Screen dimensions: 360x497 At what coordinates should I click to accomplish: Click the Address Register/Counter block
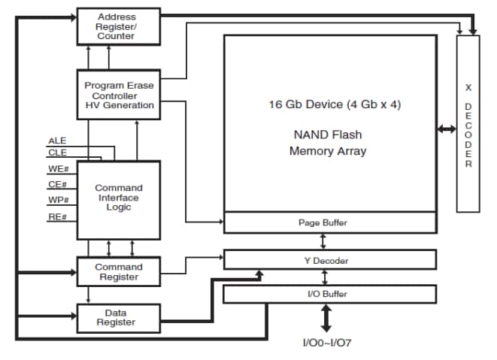pyautogui.click(x=119, y=26)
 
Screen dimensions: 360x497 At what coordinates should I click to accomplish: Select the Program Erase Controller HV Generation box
pyautogui.click(x=119, y=95)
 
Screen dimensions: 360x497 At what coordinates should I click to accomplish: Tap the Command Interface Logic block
pyautogui.click(x=119, y=198)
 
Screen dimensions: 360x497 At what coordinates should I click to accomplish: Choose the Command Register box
pyautogui.click(x=119, y=271)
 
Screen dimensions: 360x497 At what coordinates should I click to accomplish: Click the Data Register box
pyautogui.click(x=119, y=317)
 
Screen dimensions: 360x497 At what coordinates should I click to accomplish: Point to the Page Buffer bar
pyautogui.click(x=330, y=223)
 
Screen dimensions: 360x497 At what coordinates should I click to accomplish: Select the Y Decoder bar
pyautogui.click(x=330, y=260)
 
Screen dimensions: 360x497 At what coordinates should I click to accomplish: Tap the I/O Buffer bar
pyautogui.click(x=330, y=294)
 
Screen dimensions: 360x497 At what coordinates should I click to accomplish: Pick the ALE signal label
pyautogui.click(x=57, y=141)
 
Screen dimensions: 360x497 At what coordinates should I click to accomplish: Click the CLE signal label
pyautogui.click(x=57, y=152)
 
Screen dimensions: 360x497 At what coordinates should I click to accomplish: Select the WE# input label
pyautogui.click(x=58, y=168)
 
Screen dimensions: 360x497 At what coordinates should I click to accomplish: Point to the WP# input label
pyautogui.click(x=58, y=201)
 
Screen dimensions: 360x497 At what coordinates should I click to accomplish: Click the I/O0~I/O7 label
pyautogui.click(x=326, y=343)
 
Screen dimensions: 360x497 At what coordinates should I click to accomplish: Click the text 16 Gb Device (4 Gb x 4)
pyautogui.click(x=335, y=104)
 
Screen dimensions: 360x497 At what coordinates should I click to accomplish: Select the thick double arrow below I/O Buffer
pyautogui.click(x=326, y=319)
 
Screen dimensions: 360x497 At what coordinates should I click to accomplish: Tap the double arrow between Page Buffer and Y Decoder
pyautogui.click(x=324, y=241)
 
